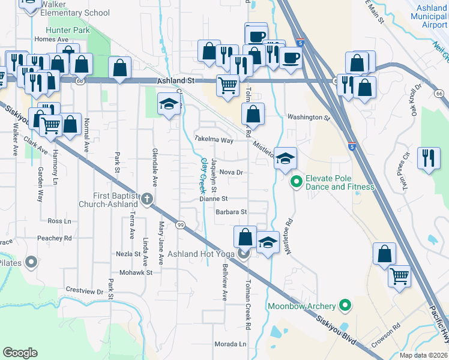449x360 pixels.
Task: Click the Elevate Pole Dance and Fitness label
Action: coord(340,182)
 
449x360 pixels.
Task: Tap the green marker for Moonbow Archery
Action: coord(345,307)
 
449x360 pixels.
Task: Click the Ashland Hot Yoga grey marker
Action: coord(244,254)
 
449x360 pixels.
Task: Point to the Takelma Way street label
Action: coord(214,139)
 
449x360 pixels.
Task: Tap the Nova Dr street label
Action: coord(231,172)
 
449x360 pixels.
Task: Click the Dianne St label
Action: coord(214,199)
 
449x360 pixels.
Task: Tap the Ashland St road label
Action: coord(178,80)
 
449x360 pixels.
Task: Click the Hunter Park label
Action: coord(67,29)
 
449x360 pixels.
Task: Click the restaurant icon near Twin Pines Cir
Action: coord(428,158)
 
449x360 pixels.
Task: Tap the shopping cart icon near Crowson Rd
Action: coord(399,276)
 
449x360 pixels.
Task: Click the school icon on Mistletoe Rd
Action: coord(286,158)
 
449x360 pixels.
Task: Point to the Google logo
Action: coord(20,352)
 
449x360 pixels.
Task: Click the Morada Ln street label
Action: coord(231,344)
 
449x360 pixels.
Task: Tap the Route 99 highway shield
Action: coord(180,225)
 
